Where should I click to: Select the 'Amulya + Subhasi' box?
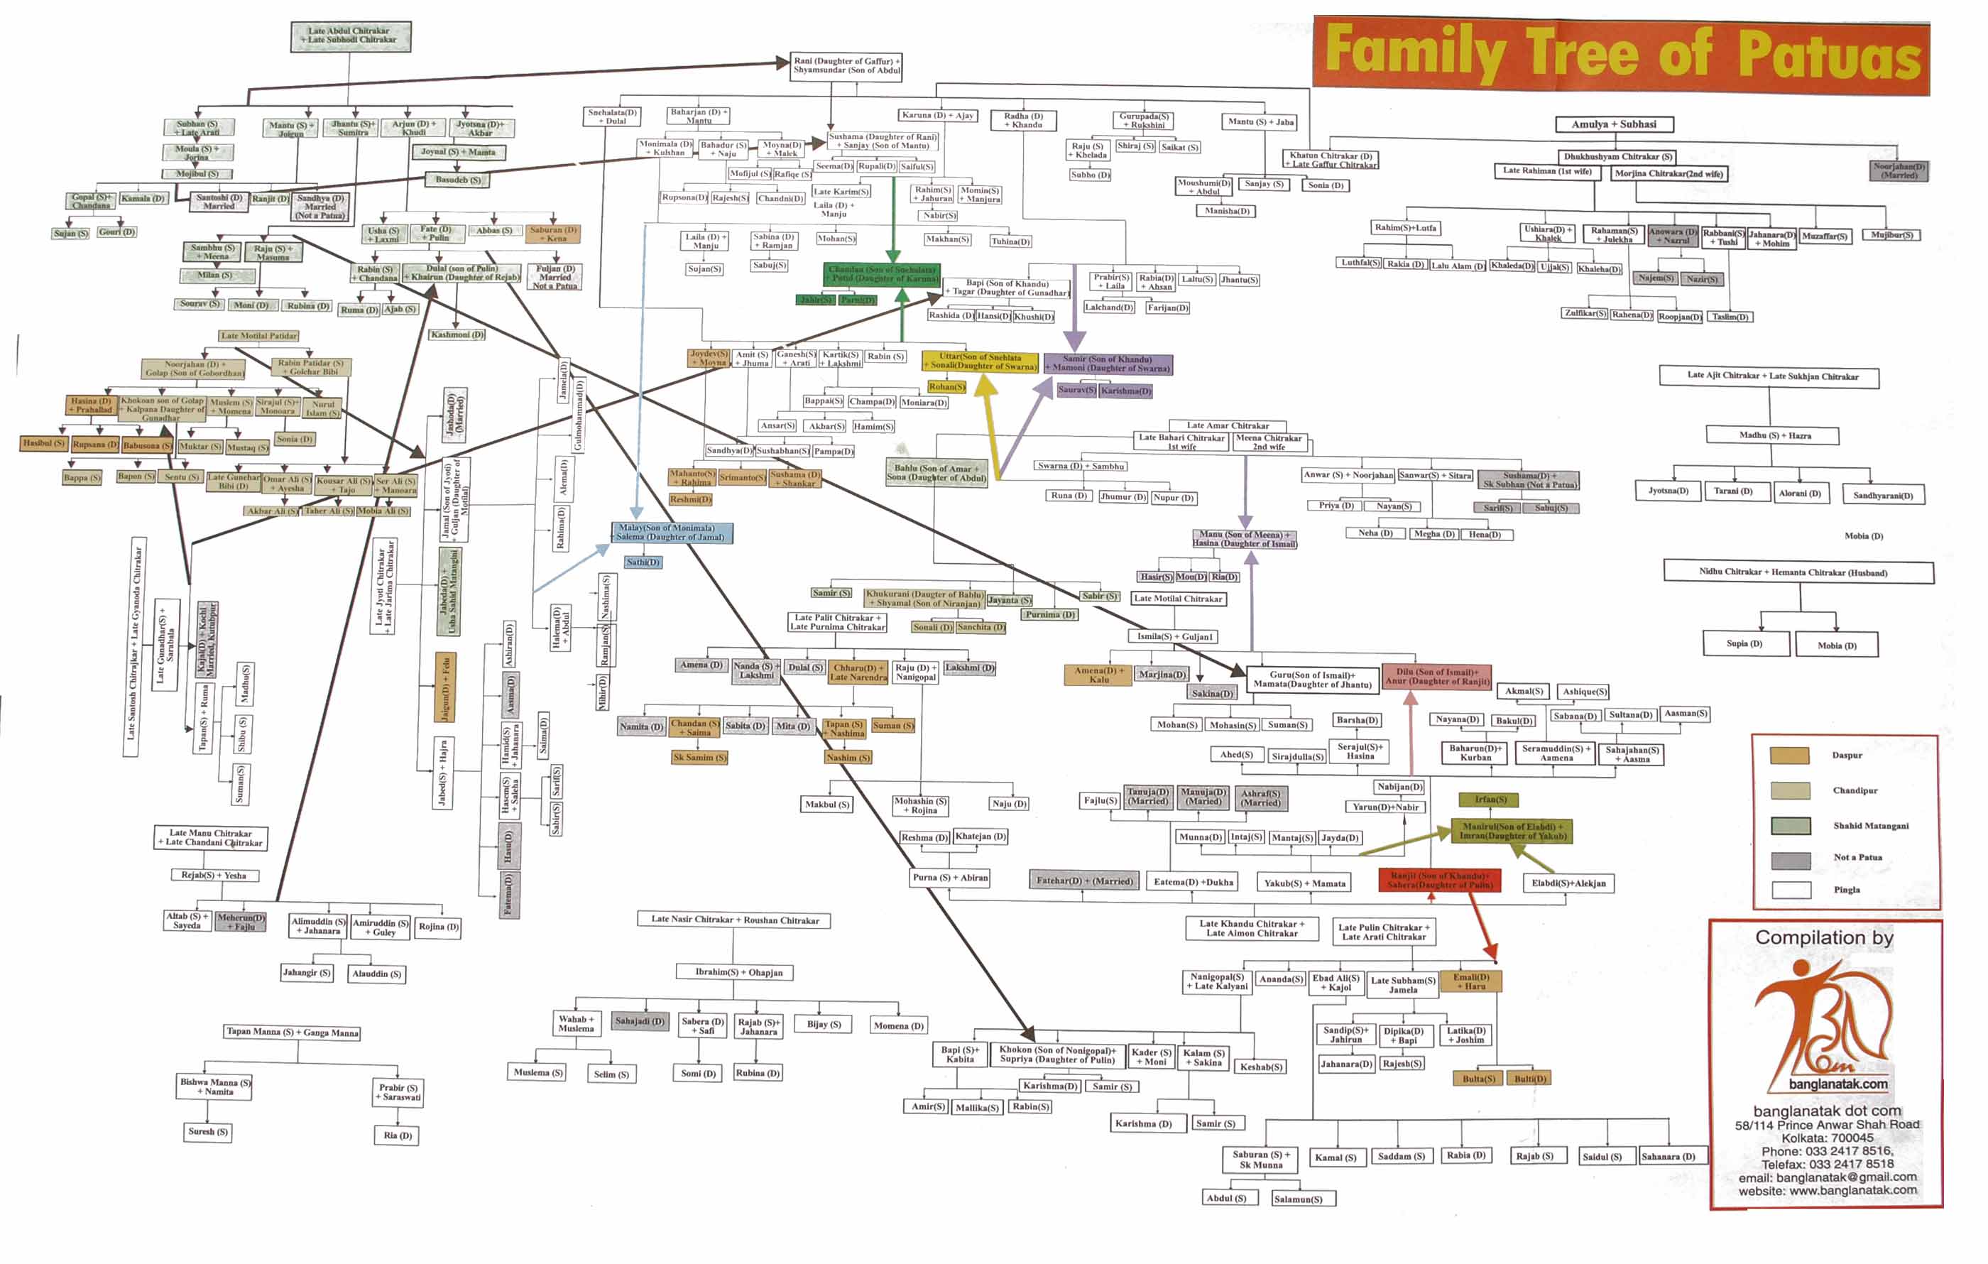[x=1613, y=125]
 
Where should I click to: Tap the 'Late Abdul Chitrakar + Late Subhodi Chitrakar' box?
[x=351, y=36]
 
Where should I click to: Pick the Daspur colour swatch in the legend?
[x=1789, y=756]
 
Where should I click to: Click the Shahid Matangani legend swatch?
[x=1790, y=826]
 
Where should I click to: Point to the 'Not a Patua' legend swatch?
[x=1790, y=860]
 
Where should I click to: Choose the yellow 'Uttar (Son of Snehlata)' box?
[x=980, y=361]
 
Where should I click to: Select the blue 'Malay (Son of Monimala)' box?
[x=671, y=533]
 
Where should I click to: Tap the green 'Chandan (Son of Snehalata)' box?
[x=882, y=274]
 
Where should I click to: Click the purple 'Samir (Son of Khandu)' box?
[x=1107, y=364]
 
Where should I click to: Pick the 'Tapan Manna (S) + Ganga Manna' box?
[x=293, y=1032]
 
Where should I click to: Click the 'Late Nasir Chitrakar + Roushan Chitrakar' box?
[x=735, y=920]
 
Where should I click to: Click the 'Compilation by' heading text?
[x=1823, y=938]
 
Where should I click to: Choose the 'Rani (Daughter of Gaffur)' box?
[x=846, y=66]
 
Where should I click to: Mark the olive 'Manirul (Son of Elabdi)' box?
[x=1511, y=831]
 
